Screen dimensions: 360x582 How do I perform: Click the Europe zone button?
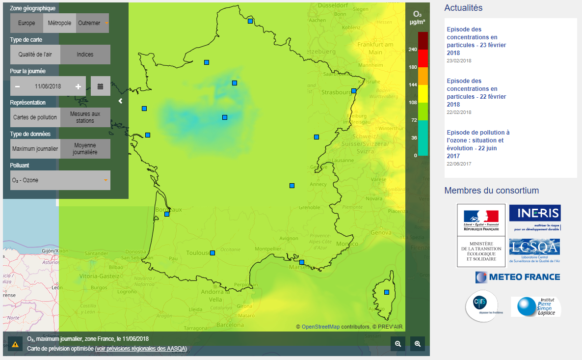click(x=26, y=23)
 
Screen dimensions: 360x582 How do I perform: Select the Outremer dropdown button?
click(x=92, y=23)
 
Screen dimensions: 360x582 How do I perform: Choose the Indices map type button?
click(x=85, y=55)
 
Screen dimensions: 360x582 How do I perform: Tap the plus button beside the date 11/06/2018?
click(x=78, y=86)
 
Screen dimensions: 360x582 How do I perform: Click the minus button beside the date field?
click(x=17, y=86)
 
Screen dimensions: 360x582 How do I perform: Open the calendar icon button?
click(x=100, y=86)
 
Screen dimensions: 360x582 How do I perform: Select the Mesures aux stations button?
click(x=85, y=117)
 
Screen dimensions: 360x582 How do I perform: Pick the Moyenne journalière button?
click(x=85, y=149)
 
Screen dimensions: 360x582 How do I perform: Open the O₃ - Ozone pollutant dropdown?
click(x=60, y=180)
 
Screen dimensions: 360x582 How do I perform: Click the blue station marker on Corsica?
click(x=387, y=292)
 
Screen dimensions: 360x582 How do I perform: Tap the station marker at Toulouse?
click(x=212, y=253)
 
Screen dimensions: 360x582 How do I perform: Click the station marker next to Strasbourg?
click(x=354, y=91)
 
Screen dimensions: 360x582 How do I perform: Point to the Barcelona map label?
click(x=230, y=325)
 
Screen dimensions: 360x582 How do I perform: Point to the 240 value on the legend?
click(x=413, y=49)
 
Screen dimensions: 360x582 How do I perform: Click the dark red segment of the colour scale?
click(x=423, y=41)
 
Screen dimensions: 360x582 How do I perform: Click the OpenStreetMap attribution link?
click(x=320, y=327)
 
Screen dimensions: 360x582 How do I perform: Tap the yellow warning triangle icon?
click(x=15, y=344)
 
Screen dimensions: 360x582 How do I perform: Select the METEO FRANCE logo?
click(x=518, y=277)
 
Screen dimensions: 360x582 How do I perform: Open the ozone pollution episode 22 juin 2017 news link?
click(x=477, y=144)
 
